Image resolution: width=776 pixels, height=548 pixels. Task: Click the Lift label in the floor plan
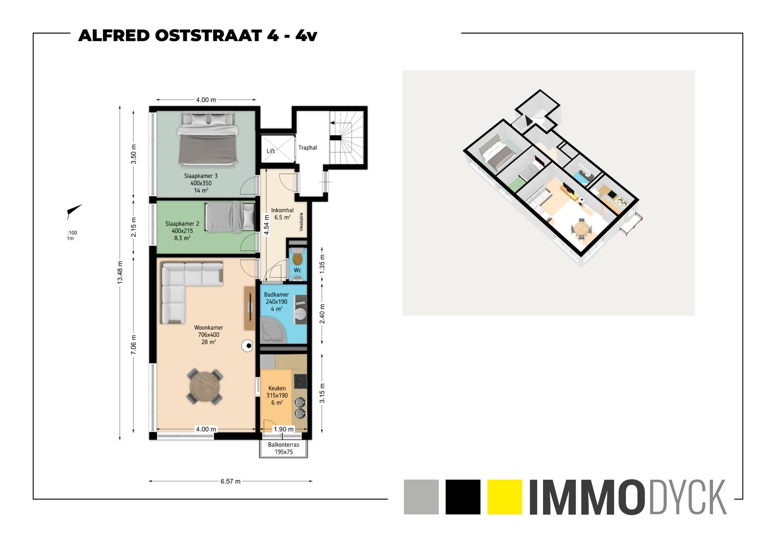pos(271,151)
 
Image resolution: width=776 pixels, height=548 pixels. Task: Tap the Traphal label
pos(308,148)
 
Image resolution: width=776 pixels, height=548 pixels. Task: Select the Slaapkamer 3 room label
pos(201,176)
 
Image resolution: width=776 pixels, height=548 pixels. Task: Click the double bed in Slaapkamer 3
pos(207,140)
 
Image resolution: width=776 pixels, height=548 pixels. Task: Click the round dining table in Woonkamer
pos(205,386)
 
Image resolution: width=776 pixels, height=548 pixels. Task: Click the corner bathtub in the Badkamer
pos(274,329)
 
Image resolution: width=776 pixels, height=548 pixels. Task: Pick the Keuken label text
pos(277,388)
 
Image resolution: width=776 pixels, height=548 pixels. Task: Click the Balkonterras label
pos(284,445)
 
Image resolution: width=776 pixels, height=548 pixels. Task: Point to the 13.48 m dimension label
pos(120,273)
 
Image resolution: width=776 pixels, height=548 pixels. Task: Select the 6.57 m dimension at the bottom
pos(230,481)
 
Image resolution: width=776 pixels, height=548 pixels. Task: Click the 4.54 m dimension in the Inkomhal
pos(267,223)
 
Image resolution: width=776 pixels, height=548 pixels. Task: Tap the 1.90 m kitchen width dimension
pos(284,429)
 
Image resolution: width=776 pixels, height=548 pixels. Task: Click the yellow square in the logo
pos(504,497)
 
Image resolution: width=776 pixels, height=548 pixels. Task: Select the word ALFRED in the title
pos(114,36)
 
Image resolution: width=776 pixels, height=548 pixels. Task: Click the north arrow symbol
pos(74,211)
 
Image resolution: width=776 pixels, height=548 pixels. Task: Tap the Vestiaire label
pos(301,222)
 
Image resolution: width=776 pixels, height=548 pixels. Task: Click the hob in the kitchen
pos(300,381)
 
